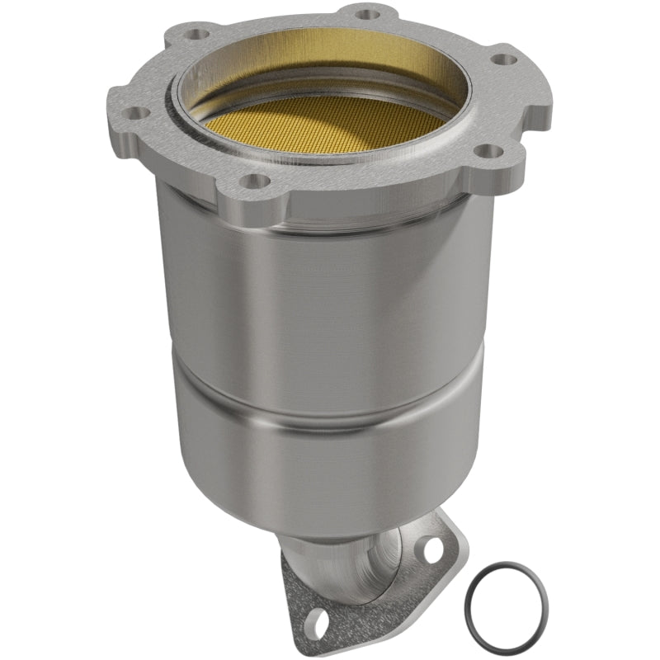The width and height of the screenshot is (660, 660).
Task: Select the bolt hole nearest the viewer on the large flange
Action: [x=257, y=180]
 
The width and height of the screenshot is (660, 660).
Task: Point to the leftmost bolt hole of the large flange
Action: [x=138, y=113]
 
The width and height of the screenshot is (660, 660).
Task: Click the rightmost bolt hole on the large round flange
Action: [x=501, y=59]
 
